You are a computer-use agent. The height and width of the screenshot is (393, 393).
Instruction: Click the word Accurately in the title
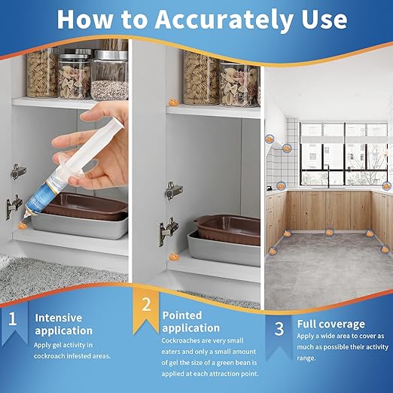(224, 20)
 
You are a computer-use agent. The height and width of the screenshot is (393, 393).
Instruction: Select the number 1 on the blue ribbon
(12, 319)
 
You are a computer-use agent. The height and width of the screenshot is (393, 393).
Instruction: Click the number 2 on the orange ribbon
(146, 304)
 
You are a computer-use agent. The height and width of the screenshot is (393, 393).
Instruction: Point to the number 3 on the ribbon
(279, 328)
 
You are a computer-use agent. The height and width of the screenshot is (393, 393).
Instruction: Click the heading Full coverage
(331, 324)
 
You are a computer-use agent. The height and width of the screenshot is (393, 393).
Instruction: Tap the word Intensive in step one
(59, 318)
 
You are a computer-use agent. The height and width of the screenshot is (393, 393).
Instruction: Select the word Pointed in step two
(182, 315)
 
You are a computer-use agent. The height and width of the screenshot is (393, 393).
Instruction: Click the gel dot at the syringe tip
(23, 225)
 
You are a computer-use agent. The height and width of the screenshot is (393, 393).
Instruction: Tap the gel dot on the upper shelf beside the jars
(173, 102)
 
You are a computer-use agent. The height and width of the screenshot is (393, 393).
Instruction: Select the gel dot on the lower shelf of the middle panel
(174, 257)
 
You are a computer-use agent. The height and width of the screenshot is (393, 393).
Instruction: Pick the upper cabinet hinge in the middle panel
(174, 190)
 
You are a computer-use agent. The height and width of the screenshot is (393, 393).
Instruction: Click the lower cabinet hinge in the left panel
(14, 206)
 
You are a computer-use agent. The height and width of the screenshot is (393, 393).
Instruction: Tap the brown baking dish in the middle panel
(228, 229)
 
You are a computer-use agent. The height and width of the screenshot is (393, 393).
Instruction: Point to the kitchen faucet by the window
(328, 176)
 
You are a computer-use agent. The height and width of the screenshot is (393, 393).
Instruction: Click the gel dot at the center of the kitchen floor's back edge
(329, 232)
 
